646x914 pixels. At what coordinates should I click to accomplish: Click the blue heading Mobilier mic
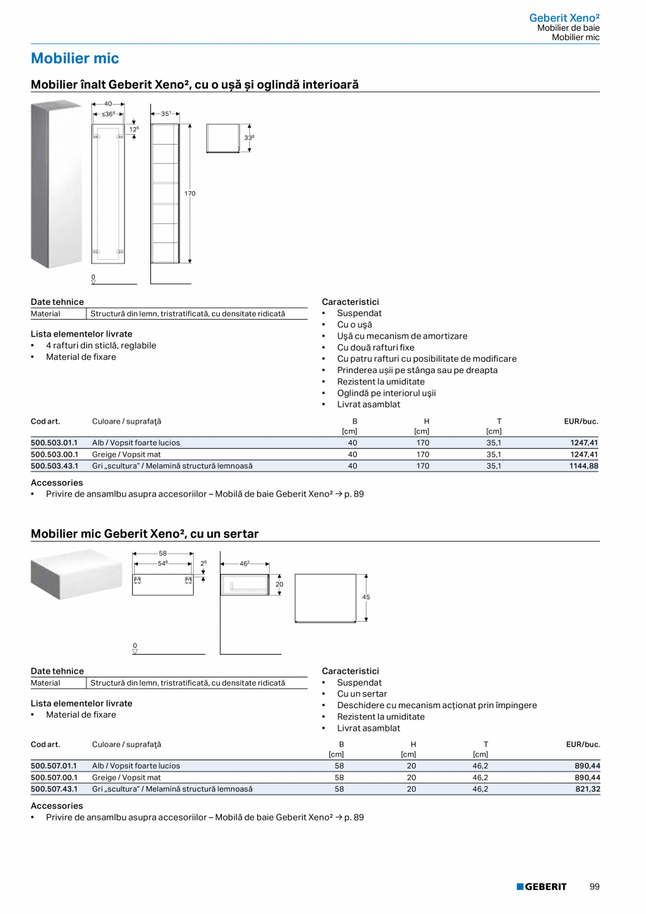tap(75, 58)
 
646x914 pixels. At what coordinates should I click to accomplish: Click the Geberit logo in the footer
tap(541, 887)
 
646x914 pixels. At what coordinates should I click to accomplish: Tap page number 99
tap(594, 887)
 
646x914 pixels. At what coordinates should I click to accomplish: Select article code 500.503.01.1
tap(54, 443)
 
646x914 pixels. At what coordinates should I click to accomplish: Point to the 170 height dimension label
tap(190, 193)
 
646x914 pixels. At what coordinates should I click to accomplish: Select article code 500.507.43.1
tap(54, 789)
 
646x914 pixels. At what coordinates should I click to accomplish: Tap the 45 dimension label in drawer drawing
tap(365, 597)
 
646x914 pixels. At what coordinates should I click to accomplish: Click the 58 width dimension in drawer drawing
tap(163, 554)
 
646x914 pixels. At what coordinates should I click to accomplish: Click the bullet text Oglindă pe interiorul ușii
tap(386, 393)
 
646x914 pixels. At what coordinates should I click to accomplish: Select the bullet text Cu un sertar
tap(362, 693)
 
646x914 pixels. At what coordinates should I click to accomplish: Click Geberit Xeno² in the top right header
tap(564, 18)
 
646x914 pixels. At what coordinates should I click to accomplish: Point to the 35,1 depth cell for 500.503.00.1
tap(494, 455)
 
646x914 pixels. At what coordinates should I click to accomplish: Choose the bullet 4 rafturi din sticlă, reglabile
tap(101, 346)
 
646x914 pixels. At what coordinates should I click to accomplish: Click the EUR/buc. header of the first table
tap(581, 422)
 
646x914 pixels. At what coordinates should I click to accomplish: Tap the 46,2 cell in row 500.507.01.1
tap(481, 766)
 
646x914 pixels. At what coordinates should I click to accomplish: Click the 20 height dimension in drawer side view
tap(279, 584)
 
